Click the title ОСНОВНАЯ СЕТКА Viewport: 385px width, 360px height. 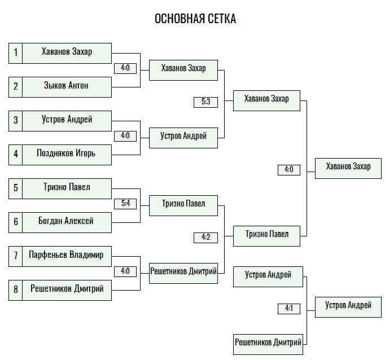(x=195, y=19)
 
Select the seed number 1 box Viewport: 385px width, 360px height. (x=15, y=53)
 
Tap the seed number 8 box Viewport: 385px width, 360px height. (x=15, y=290)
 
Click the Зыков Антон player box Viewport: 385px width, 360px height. (x=67, y=87)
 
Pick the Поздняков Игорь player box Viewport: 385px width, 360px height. (x=67, y=155)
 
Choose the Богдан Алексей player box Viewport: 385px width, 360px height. (x=67, y=222)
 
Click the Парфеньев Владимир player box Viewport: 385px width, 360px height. (x=67, y=256)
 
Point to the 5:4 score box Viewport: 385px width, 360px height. (x=125, y=204)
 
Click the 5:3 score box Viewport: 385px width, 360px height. (x=205, y=102)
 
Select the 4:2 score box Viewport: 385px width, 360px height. (x=205, y=238)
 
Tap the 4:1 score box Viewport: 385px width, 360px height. (x=289, y=309)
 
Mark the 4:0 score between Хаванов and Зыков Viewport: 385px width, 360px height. (x=125, y=68)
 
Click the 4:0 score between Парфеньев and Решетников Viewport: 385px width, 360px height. (x=125, y=271)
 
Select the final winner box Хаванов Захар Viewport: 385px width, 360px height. (x=348, y=168)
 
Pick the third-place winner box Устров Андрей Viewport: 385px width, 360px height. (x=348, y=307)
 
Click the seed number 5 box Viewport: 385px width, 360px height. (x=15, y=188)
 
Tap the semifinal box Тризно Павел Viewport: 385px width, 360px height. (x=266, y=236)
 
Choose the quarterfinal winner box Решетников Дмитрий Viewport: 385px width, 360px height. (x=183, y=273)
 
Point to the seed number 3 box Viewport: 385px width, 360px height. (x=15, y=121)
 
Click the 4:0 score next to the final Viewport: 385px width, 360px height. (x=289, y=170)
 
